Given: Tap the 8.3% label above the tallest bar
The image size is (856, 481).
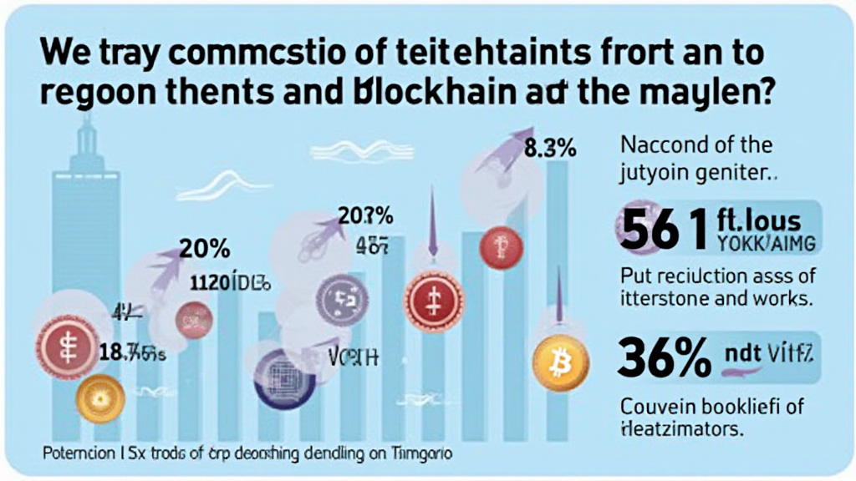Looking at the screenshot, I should coord(550,150).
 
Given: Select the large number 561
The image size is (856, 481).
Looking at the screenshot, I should coord(661,229).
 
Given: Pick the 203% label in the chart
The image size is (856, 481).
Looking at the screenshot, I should coord(365,216).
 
